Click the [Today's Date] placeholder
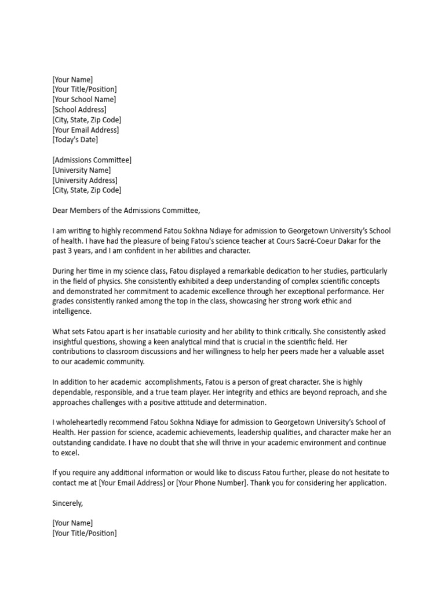(x=75, y=140)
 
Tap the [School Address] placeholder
(x=79, y=110)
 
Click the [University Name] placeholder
(x=81, y=170)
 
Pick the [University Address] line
(x=85, y=180)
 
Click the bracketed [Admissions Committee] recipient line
(x=92, y=160)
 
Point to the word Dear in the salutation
(x=61, y=211)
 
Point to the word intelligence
(x=71, y=312)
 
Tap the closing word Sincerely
(x=67, y=503)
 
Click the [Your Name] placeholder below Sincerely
(x=72, y=523)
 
